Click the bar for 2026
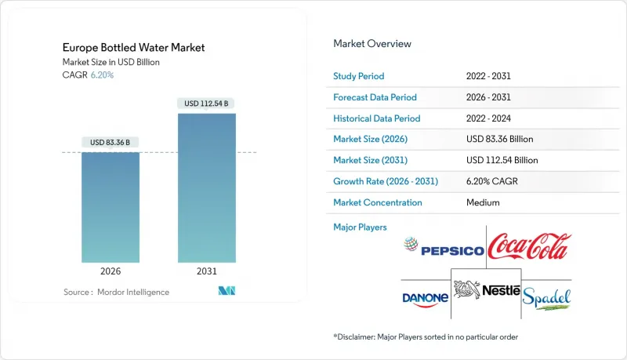tap(111, 207)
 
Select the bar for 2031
tap(207, 188)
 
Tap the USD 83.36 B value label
tap(111, 142)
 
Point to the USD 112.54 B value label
tap(207, 104)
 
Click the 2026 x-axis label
tap(111, 272)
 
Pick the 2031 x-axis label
tap(207, 272)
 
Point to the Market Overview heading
tap(372, 44)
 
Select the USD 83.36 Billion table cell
tap(499, 139)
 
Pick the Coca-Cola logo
tap(529, 247)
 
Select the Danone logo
tap(425, 298)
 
